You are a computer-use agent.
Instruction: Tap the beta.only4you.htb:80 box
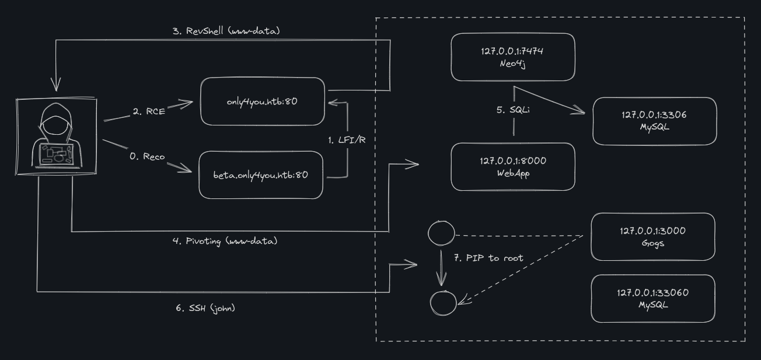tap(261, 174)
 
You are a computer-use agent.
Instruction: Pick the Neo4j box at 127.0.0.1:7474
tap(513, 57)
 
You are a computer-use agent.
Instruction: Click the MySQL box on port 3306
tap(653, 120)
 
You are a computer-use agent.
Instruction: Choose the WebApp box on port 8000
tap(513, 166)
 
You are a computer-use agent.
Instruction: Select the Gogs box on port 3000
tap(653, 236)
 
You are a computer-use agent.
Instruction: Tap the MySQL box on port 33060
tap(653, 298)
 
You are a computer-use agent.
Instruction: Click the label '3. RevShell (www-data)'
tap(226, 30)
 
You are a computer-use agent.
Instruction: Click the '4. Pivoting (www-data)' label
tap(225, 241)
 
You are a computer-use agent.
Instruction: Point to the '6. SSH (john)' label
tap(205, 307)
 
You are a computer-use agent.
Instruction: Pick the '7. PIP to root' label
tap(490, 258)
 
